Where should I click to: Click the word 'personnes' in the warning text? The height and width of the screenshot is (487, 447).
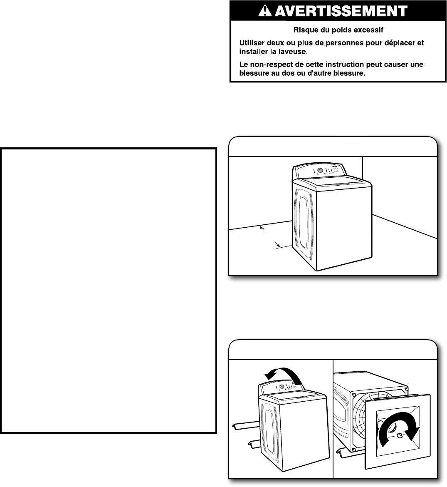328,43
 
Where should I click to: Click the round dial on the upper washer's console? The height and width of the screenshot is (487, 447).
319,171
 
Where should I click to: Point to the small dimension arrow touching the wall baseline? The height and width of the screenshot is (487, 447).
262,228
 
